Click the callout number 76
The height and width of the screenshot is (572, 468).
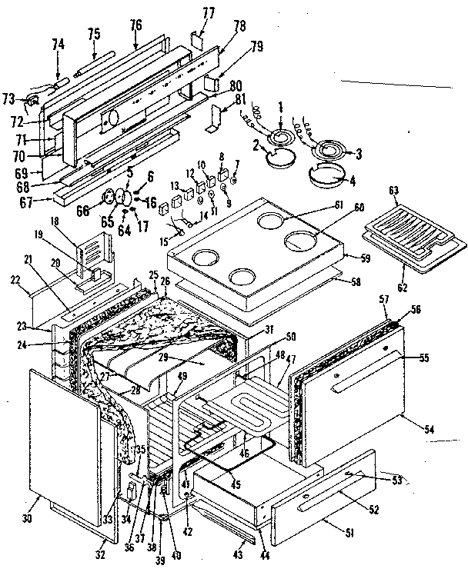(135, 25)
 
